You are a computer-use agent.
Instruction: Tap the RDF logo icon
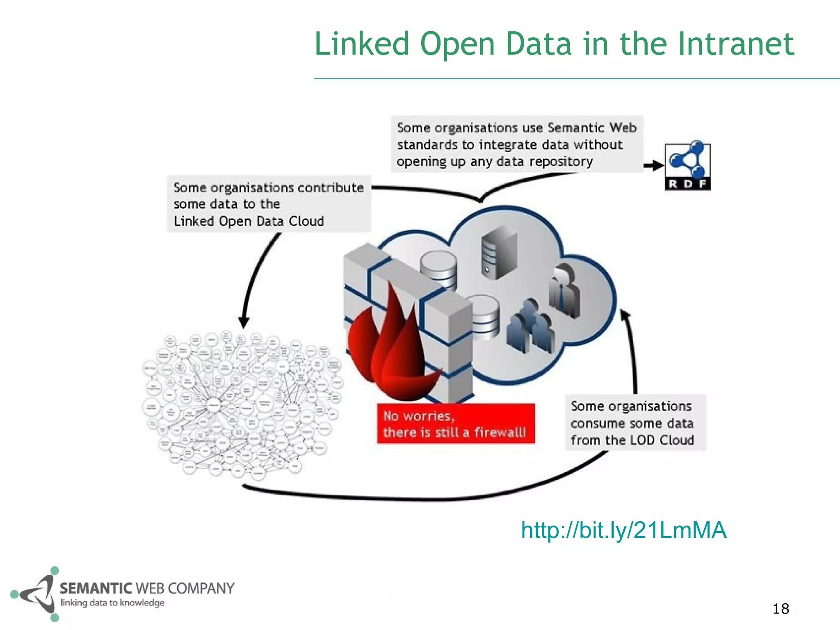pos(688,166)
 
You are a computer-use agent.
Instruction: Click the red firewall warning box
pos(456,424)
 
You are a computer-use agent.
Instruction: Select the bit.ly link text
pos(623,530)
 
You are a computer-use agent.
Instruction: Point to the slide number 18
pos(781,609)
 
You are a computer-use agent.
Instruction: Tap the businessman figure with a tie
pos(566,291)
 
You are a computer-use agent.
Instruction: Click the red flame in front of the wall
pos(390,349)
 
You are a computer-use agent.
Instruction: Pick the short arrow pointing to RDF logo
pos(654,166)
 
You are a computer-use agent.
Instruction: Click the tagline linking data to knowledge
pos(112,603)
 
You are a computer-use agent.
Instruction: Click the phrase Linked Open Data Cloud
pos(249,221)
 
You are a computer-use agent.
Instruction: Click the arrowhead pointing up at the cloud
pos(625,315)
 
